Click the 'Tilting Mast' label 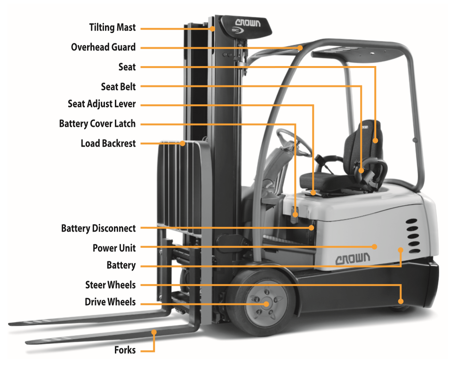point(112,27)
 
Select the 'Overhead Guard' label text point(103,47)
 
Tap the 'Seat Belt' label point(118,87)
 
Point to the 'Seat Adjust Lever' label point(102,104)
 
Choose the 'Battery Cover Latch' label point(97,124)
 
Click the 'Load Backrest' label point(108,143)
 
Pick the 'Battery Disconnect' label point(98,228)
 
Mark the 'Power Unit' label point(114,248)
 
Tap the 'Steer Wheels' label point(110,285)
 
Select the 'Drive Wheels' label point(110,302)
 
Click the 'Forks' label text point(125,350)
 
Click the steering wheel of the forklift point(294,142)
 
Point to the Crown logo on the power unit point(353,259)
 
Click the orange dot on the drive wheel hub point(266,304)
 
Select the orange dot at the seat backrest point(375,140)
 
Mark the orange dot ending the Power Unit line point(374,246)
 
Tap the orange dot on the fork point(154,332)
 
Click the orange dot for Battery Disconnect point(311,227)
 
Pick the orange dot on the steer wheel point(401,301)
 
